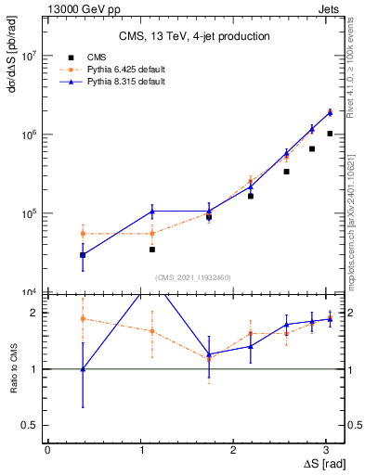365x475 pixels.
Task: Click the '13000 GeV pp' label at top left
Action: click(x=83, y=7)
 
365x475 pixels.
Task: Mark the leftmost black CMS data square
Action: click(x=84, y=254)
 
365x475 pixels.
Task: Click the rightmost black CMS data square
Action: click(x=330, y=134)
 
